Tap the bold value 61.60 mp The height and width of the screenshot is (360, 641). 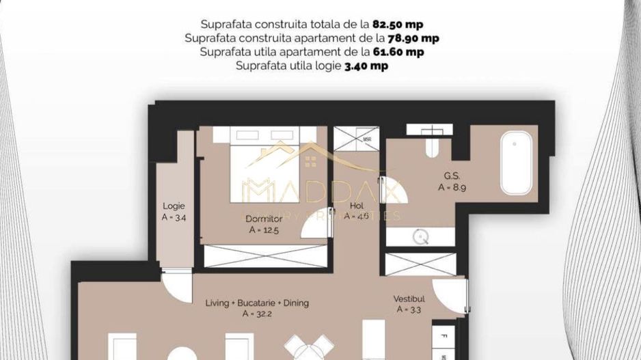coord(398,52)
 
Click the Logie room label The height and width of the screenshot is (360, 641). coord(174,206)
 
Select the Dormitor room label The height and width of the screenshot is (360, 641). coord(264,219)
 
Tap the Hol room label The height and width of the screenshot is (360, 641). coord(356,206)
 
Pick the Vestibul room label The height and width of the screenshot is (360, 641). coord(409,299)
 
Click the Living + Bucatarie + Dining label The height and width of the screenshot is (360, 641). coord(258,303)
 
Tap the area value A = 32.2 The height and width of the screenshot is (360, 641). coord(257,314)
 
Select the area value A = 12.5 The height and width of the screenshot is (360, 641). coord(264,230)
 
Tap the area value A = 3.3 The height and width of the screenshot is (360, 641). coord(409,309)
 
